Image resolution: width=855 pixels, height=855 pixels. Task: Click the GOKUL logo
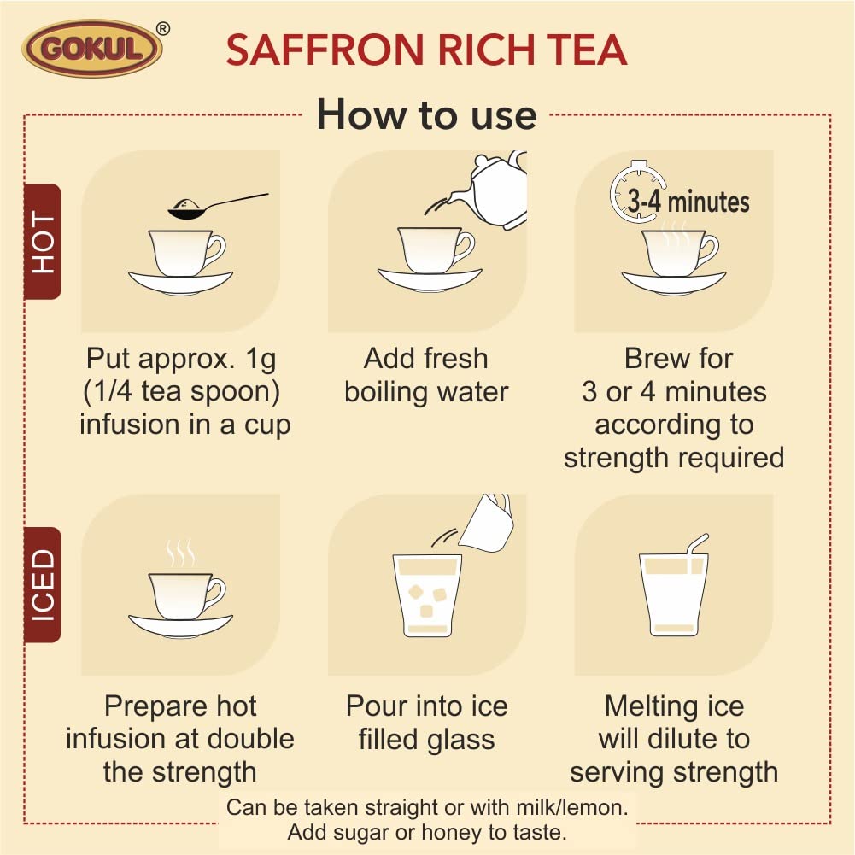(92, 49)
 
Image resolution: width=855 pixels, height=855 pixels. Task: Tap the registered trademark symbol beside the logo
(162, 29)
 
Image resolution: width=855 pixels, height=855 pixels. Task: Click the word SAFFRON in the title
(325, 50)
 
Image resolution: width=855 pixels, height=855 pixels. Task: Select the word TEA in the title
(586, 50)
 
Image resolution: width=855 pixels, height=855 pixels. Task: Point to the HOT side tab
(43, 242)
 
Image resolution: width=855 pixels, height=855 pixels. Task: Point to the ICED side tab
(43, 584)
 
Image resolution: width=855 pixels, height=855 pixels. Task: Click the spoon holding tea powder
(217, 206)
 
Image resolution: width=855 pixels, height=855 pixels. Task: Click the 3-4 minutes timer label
(688, 202)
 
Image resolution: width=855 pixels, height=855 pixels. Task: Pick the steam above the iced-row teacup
(180, 553)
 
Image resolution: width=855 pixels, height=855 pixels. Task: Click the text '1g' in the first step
(261, 360)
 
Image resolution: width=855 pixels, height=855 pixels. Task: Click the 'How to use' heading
(427, 115)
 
